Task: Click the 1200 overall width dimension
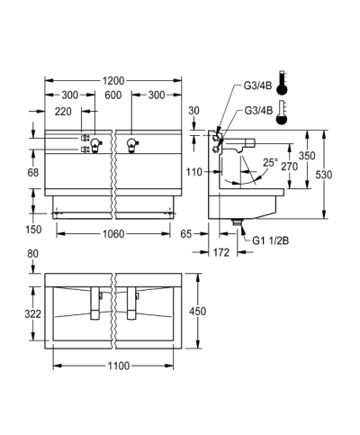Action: point(113,81)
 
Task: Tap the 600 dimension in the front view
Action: point(113,95)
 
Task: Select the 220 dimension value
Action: point(63,112)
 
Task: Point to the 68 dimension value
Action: point(33,173)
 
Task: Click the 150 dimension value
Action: point(33,230)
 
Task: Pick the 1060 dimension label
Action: point(113,234)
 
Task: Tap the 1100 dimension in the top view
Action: point(119,366)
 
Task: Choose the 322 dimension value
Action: point(32,314)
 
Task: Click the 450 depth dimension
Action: point(197,312)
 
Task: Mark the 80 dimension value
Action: point(33,254)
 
